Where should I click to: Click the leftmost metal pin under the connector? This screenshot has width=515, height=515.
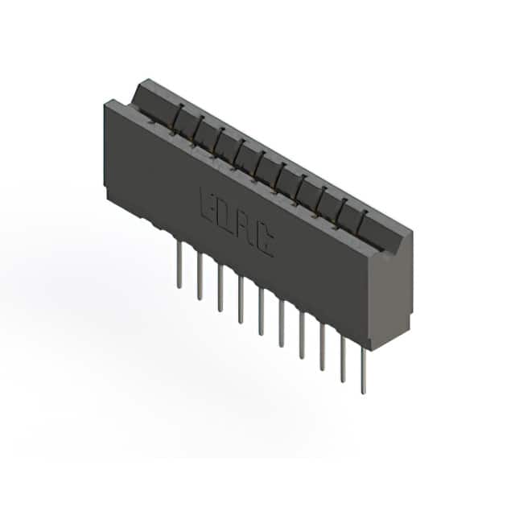click(x=179, y=265)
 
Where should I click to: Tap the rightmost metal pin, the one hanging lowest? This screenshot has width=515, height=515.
click(x=363, y=370)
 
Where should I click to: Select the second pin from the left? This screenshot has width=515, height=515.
click(x=200, y=277)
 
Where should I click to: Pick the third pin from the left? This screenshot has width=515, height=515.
click(x=220, y=288)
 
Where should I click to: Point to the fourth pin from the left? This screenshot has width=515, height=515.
click(x=241, y=300)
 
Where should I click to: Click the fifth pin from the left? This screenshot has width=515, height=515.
click(x=261, y=311)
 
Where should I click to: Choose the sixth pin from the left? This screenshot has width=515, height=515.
click(x=282, y=323)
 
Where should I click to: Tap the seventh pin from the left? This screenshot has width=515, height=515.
click(x=302, y=335)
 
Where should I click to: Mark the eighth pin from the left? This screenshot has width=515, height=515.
click(x=323, y=347)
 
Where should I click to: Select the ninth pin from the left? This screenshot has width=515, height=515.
click(x=343, y=359)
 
